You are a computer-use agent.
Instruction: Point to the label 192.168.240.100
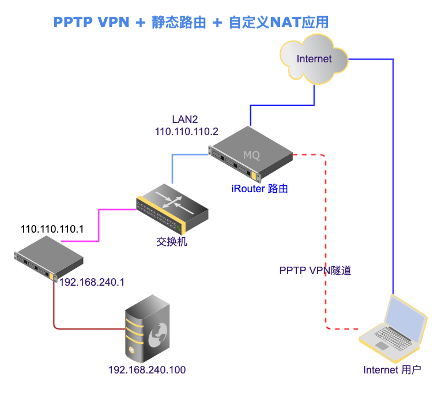click(147, 370)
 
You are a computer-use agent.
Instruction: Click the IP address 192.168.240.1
click(92, 283)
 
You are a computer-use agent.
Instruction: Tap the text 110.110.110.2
click(187, 132)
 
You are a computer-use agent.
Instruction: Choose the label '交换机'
click(172, 242)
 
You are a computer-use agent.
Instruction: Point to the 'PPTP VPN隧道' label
click(315, 270)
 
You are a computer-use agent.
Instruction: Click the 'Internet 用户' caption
click(392, 370)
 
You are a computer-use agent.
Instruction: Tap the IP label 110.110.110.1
click(52, 229)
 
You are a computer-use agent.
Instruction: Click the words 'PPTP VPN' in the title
click(92, 23)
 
